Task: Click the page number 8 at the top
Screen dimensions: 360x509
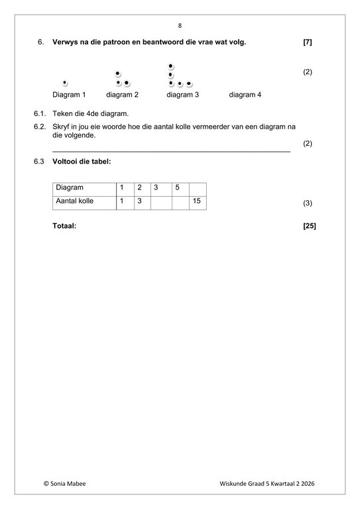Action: pyautogui.click(x=180, y=26)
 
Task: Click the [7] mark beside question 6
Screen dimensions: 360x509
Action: pyautogui.click(x=307, y=42)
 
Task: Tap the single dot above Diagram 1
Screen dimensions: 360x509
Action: pyautogui.click(x=65, y=83)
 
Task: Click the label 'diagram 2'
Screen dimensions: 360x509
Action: pyautogui.click(x=122, y=95)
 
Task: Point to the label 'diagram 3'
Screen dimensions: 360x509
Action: pyautogui.click(x=183, y=95)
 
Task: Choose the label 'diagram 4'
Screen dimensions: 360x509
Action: pyautogui.click(x=245, y=95)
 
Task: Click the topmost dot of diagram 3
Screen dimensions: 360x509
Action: pyautogui.click(x=171, y=66)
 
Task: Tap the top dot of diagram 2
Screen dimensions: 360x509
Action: pyautogui.click(x=118, y=73)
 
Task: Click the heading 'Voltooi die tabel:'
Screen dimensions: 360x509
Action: pyautogui.click(x=82, y=161)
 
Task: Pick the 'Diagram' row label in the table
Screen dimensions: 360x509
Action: pyautogui.click(x=84, y=188)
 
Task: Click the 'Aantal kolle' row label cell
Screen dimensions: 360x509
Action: pyautogui.click(x=84, y=201)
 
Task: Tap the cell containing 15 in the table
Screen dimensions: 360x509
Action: pyautogui.click(x=197, y=201)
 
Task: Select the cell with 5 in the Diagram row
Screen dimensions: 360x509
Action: pyautogui.click(x=180, y=188)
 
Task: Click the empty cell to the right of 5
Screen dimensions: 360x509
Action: pyautogui.click(x=197, y=188)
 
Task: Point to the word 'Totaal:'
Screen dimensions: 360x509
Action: pyautogui.click(x=64, y=226)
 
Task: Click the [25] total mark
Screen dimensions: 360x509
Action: pyautogui.click(x=309, y=226)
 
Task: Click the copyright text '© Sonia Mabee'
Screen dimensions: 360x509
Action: pyautogui.click(x=64, y=484)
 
